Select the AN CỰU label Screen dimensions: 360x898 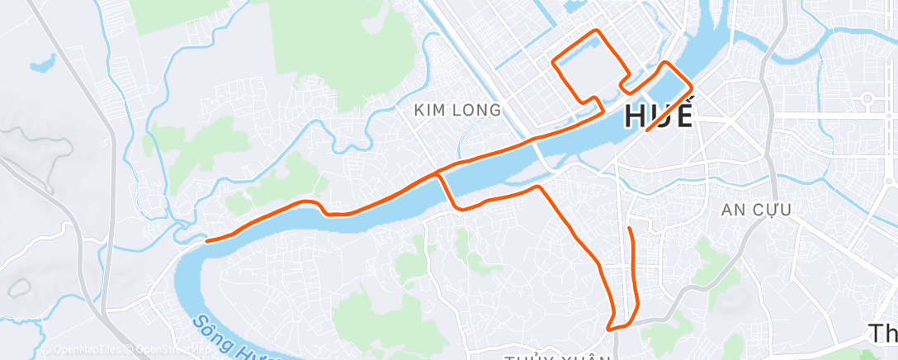[756, 210]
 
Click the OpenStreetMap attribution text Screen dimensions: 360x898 [165, 350]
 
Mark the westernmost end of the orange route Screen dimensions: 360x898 [206, 241]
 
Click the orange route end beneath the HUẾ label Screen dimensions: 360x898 [646, 130]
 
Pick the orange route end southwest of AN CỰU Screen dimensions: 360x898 [629, 228]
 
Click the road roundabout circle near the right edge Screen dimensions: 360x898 [867, 101]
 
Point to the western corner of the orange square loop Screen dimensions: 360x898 [553, 61]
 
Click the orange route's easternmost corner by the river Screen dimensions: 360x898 [692, 84]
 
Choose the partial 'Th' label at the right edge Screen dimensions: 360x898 [882, 334]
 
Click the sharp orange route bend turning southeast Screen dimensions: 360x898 [541, 188]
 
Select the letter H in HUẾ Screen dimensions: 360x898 [636, 116]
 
